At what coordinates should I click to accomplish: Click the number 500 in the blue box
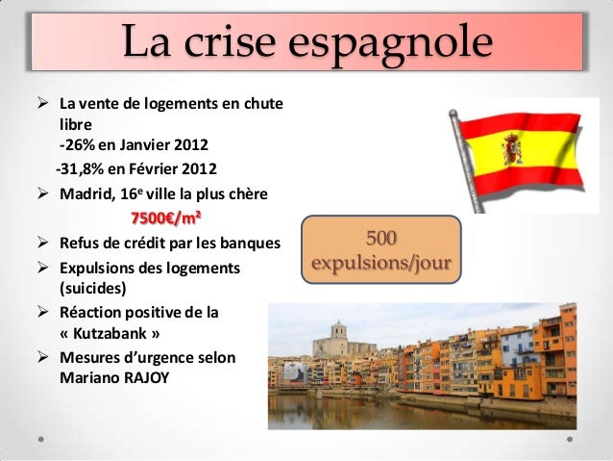click(381, 238)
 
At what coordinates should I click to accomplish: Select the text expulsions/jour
click(381, 261)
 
